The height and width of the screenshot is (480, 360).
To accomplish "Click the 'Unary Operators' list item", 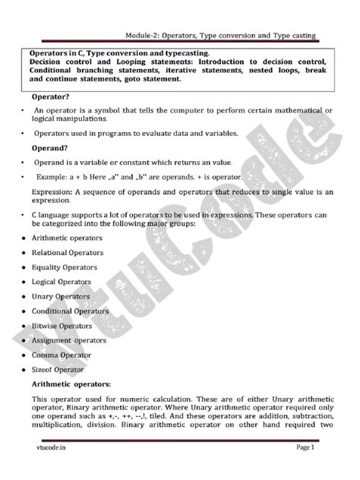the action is pyautogui.click(x=61, y=296).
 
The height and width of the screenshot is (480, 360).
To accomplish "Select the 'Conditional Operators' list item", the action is pyautogui.click(x=70, y=311).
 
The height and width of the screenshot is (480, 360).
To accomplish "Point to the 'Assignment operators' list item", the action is pyautogui.click(x=69, y=340).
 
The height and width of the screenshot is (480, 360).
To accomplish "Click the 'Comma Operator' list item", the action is pyautogui.click(x=62, y=355).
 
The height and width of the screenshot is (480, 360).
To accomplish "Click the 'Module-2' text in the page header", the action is pyautogui.click(x=147, y=35).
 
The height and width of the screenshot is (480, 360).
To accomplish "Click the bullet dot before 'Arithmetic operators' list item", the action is pyautogui.click(x=24, y=238).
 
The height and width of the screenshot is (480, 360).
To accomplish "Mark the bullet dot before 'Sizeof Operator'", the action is pyautogui.click(x=24, y=370).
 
